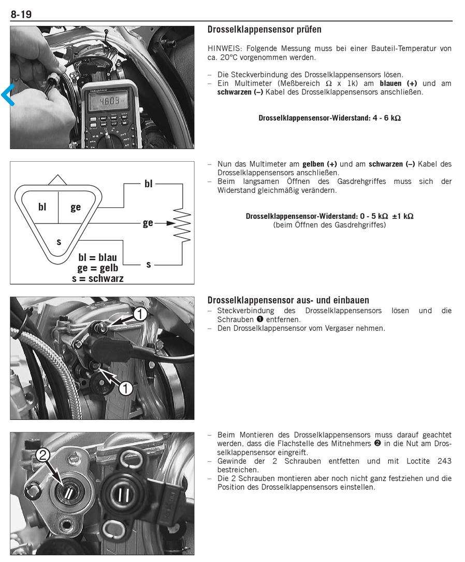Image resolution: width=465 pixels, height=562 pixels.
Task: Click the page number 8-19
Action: coord(21,15)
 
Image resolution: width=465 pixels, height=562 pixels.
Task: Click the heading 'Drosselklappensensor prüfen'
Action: coord(264,30)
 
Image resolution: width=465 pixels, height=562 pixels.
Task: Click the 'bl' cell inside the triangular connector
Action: coord(42,207)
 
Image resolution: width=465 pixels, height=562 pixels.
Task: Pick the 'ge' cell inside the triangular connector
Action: coord(76,207)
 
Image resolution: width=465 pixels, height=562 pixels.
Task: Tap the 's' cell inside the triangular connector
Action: coord(59,241)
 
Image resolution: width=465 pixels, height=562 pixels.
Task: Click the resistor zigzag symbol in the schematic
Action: coord(182,223)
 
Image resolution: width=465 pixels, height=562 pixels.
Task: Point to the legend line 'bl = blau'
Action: coord(97,257)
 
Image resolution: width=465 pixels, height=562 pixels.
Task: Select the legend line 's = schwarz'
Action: coord(98,278)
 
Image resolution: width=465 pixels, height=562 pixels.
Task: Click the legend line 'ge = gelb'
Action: coord(98,268)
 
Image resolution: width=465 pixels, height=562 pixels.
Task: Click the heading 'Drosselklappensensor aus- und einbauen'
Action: coord(288,300)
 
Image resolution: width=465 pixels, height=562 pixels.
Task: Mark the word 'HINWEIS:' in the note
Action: coord(223,49)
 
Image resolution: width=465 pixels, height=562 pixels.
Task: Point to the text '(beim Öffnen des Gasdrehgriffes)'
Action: coord(329,225)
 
